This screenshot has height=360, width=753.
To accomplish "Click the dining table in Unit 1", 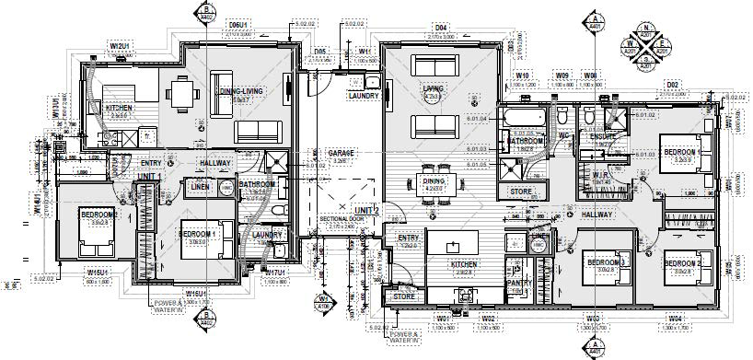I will coord(180,95).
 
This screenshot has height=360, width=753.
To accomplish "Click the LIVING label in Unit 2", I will coord(433,89).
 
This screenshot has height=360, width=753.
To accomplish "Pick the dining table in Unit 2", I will coord(435,180).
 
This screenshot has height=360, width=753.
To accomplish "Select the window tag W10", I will coord(522,75).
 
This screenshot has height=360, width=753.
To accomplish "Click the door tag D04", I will coord(440,29).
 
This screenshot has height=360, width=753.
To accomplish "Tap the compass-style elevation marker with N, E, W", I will coord(646,43).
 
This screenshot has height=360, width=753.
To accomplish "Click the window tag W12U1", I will coord(118,44).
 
